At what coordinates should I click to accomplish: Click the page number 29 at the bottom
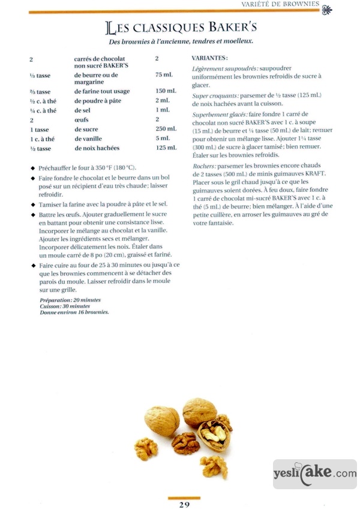pos(184,504)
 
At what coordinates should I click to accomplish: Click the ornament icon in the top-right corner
pos(327,8)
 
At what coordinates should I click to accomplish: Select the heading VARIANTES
pos(209,58)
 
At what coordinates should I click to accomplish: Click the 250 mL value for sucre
pos(166,129)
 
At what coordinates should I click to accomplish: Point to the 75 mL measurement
pos(163,75)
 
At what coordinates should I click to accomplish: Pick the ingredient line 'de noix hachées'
pos(97,147)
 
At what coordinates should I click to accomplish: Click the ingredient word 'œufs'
pos(83,119)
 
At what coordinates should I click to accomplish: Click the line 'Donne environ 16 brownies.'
pos(74,312)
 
